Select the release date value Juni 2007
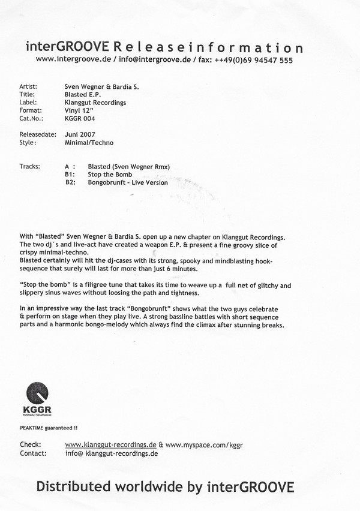79,134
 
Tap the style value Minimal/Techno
88,143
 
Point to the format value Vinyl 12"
78,110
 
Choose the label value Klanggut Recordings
94,103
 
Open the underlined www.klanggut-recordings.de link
110,445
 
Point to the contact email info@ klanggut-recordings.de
111,454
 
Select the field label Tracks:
30,166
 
